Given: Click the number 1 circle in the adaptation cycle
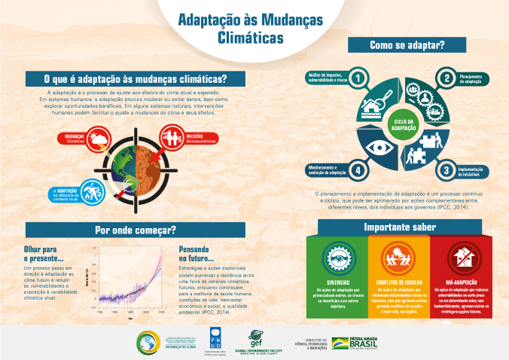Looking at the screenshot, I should click(x=359, y=78).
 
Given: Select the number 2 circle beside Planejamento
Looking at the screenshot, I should click(x=446, y=78).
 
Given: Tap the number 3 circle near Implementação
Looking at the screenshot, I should click(x=446, y=170).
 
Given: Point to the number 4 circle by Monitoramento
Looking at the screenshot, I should click(x=359, y=170).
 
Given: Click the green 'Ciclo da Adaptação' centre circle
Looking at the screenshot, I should click(x=402, y=124).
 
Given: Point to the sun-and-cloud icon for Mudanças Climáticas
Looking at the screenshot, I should click(x=98, y=139).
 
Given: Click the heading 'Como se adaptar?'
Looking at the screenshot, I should click(x=407, y=45).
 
